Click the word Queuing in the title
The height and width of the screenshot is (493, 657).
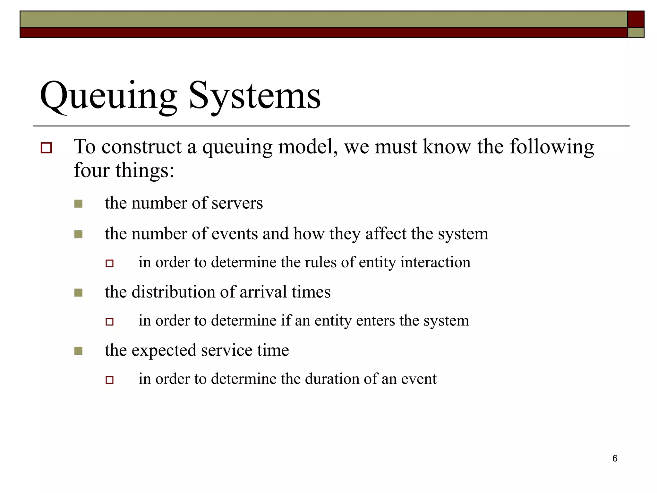tap(108, 95)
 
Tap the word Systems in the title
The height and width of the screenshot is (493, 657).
tap(255, 95)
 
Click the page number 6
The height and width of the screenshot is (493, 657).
tap(615, 458)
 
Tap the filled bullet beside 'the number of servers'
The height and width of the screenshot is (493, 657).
tap(78, 204)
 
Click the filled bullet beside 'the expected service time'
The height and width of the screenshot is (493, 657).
tap(78, 351)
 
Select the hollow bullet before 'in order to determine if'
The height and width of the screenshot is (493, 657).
tap(110, 322)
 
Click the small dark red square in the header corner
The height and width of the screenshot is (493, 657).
tap(636, 19)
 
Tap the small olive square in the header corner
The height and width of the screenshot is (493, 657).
tap(636, 32)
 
